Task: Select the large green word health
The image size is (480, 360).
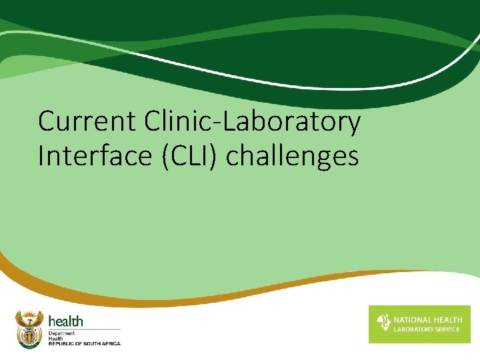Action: pos(65,322)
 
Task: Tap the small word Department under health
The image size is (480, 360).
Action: pos(62,332)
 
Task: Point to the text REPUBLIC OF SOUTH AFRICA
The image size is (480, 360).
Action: pos(85,343)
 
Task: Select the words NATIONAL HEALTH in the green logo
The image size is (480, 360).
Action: pos(427,320)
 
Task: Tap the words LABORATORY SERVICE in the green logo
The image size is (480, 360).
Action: pos(427,329)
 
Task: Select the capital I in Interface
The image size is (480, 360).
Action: pos(41,156)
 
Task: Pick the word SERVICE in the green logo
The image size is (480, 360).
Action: pos(446,329)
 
